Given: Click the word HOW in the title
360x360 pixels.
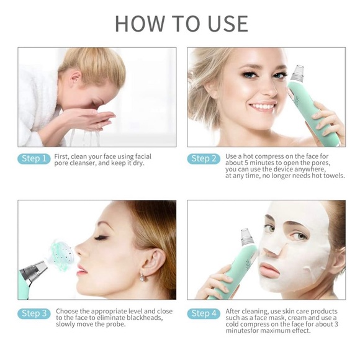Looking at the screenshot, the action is [x=140, y=24].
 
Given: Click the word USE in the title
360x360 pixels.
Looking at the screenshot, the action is [x=228, y=24].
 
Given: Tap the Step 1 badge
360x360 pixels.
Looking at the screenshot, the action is [x=34, y=159].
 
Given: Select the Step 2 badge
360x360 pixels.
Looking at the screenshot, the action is [x=204, y=159].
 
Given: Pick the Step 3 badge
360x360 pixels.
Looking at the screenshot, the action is [x=34, y=313].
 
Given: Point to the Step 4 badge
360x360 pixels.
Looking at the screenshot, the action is [x=204, y=313].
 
